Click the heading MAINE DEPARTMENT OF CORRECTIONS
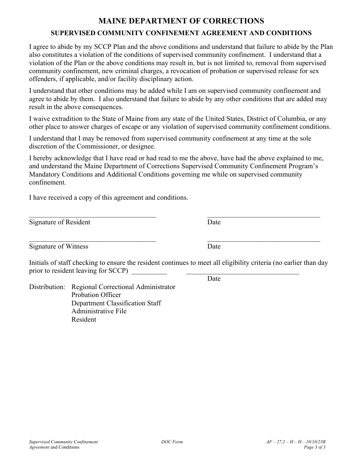click(181, 21)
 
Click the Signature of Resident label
click(59, 222)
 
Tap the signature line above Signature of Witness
click(92, 241)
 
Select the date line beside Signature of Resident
click(263, 217)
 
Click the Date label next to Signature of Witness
click(214, 247)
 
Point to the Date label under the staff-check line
click(214, 279)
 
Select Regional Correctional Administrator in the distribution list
click(123, 287)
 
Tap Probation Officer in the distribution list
click(96, 295)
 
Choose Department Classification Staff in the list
click(116, 303)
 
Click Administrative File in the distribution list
click(99, 311)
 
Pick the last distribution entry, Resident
click(84, 320)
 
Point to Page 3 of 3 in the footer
click(315, 447)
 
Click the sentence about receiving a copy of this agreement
click(108, 198)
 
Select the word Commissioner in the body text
click(94, 147)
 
